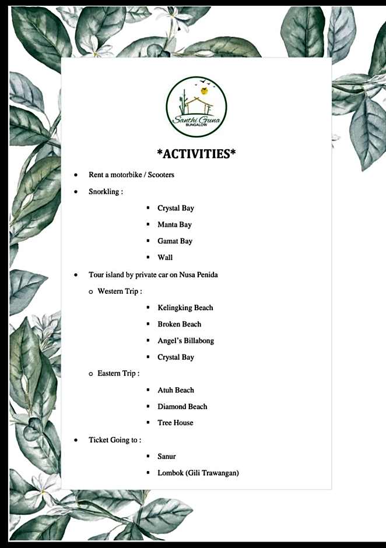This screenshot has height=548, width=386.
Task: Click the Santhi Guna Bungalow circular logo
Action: [196, 107]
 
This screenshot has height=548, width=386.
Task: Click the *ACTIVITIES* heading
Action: [196, 154]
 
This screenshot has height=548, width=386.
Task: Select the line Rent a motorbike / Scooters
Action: [131, 175]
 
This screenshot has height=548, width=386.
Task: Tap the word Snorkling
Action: [104, 191]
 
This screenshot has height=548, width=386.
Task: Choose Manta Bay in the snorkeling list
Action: [174, 224]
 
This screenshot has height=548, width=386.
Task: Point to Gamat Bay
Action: [174, 241]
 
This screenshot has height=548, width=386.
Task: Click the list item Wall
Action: [165, 257]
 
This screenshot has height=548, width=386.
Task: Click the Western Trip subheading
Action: [120, 291]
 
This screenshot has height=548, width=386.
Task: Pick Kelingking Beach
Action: [185, 308]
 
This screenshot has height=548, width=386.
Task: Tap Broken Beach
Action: [179, 324]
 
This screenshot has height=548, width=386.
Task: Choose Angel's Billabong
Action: [185, 340]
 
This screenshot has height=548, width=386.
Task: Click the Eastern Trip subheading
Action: [118, 373]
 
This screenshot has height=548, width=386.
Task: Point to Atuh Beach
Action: [176, 390]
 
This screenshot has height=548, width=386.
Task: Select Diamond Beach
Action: [182, 406]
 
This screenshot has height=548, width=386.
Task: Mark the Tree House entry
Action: [175, 423]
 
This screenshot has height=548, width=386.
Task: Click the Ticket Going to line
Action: [114, 440]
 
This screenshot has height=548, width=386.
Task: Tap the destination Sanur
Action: [166, 456]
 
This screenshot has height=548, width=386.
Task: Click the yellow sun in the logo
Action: [204, 91]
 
